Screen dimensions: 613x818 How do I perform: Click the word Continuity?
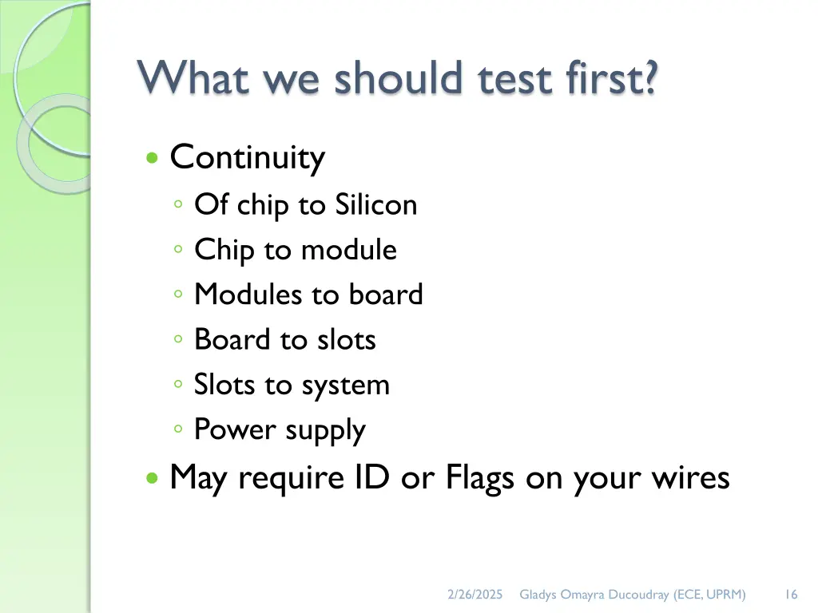(247, 157)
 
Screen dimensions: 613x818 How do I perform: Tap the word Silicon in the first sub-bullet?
(375, 205)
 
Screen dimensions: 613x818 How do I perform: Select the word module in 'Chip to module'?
(348, 250)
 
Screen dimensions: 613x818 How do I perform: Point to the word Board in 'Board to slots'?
(232, 340)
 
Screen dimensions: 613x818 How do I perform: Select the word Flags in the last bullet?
(479, 478)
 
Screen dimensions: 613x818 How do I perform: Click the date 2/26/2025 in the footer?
(475, 594)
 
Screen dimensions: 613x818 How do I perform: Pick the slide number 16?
(791, 594)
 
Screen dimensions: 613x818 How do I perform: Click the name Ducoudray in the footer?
(638, 594)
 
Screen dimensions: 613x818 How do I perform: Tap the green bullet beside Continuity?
(152, 158)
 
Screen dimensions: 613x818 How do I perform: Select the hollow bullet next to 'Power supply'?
(178, 430)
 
